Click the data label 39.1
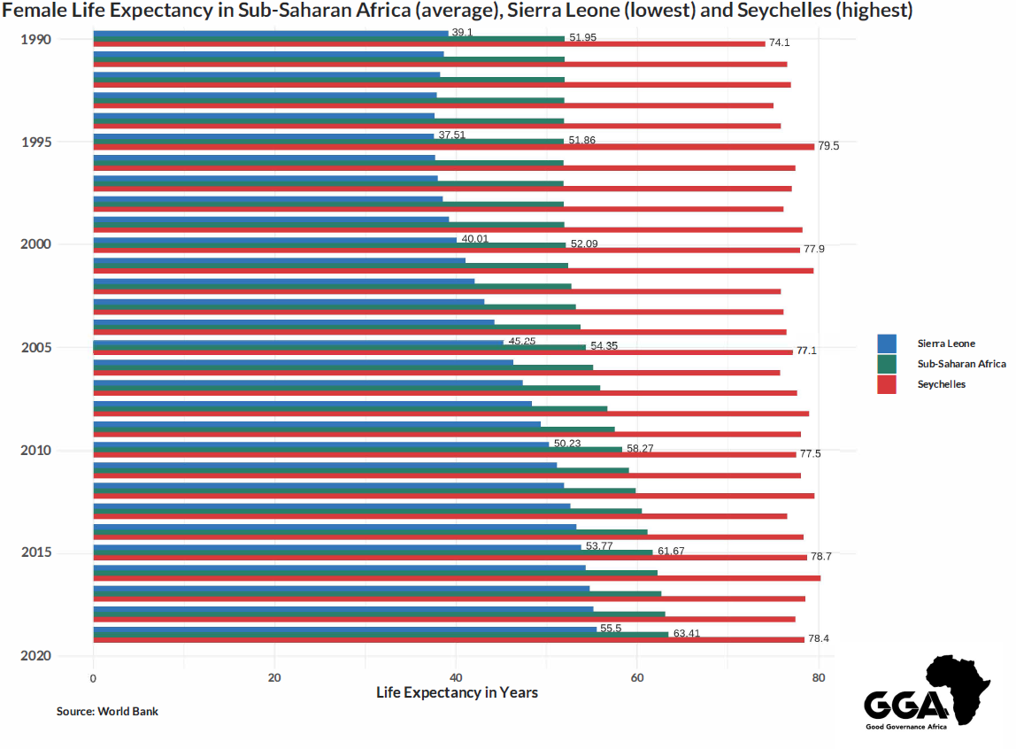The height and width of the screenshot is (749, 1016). (x=462, y=32)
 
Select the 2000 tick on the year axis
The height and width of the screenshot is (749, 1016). (x=36, y=244)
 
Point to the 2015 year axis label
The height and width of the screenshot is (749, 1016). (x=36, y=552)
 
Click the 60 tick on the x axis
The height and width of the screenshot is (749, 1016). (x=636, y=678)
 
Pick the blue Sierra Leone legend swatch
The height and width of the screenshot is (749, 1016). (x=887, y=344)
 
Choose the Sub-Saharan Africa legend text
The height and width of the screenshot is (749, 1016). (x=961, y=364)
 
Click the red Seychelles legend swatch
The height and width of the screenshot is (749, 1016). (x=887, y=384)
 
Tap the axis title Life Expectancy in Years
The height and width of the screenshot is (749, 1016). (x=457, y=692)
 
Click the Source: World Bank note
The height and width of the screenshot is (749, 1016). (x=107, y=711)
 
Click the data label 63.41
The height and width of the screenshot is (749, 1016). (x=686, y=634)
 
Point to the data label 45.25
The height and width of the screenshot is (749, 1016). (x=521, y=341)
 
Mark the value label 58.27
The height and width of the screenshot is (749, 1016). (x=640, y=449)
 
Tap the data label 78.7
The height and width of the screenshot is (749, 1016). (x=820, y=557)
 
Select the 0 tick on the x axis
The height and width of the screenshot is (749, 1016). (x=93, y=678)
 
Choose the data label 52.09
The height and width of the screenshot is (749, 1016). (x=584, y=243)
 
